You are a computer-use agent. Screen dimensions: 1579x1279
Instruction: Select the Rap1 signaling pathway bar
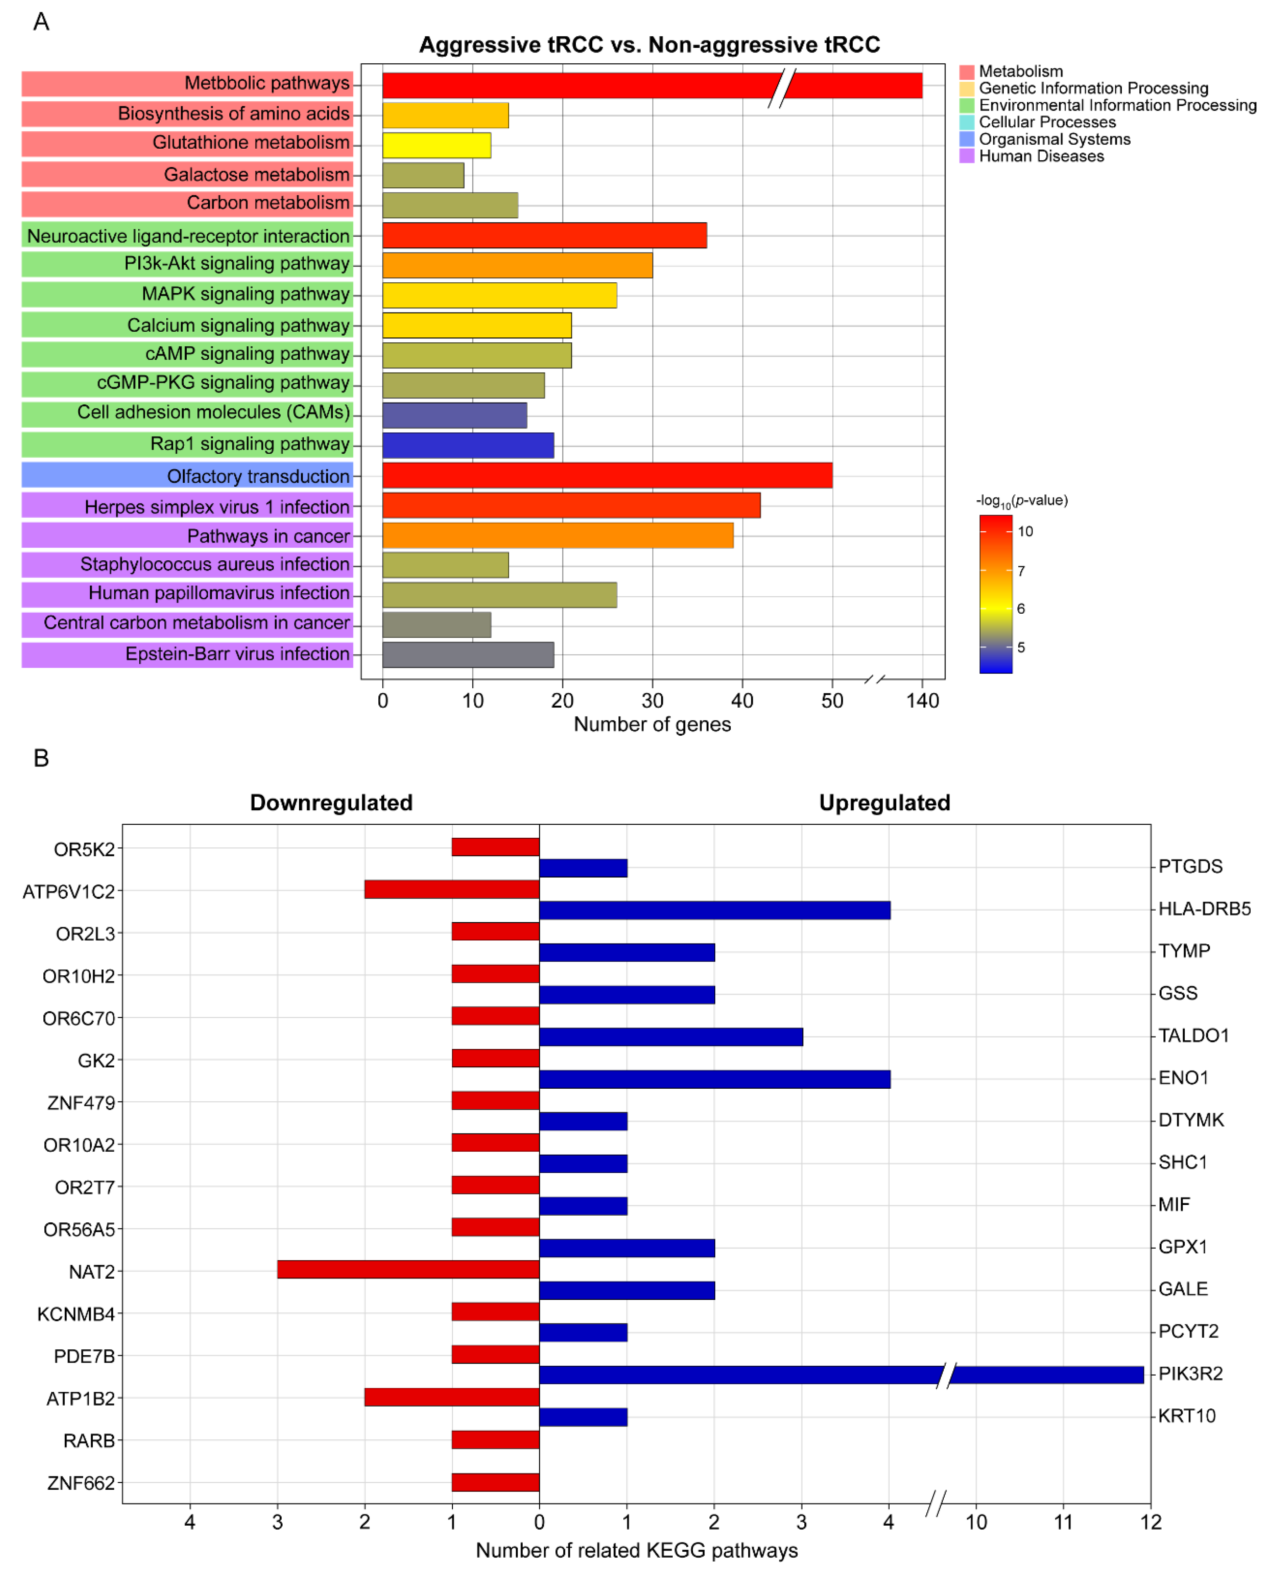pos(468,445)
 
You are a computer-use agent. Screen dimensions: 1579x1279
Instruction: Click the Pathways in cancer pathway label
pos(268,536)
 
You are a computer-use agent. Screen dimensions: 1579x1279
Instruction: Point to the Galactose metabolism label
pos(256,175)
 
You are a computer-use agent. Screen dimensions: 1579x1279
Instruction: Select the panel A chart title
pos(649,45)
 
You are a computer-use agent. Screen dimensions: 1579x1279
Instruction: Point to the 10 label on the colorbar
pos(1025,531)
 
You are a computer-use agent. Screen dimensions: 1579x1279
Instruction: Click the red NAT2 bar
pos(408,1269)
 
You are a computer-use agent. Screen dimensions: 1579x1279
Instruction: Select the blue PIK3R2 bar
pos(840,1374)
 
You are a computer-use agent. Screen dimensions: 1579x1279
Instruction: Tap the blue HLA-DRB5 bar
pos(715,910)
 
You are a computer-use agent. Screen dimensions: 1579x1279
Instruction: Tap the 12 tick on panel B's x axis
pos(1150,1521)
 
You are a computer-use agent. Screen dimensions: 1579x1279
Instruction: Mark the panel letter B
pos(41,758)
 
